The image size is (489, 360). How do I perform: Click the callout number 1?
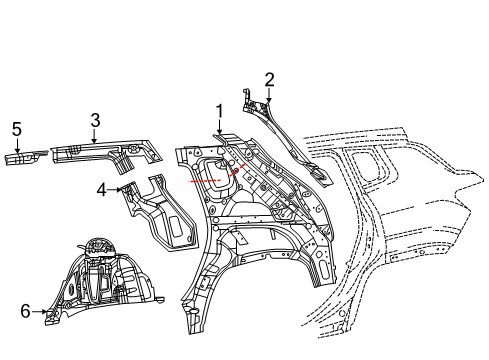tap(218, 111)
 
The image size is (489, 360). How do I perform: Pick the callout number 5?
tap(16, 129)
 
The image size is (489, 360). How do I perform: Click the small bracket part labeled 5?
tap(24, 158)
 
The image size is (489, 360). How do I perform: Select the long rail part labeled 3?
tap(100, 152)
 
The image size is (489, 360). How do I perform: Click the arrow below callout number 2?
tap(269, 94)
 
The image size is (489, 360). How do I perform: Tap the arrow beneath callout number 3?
tap(94, 136)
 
